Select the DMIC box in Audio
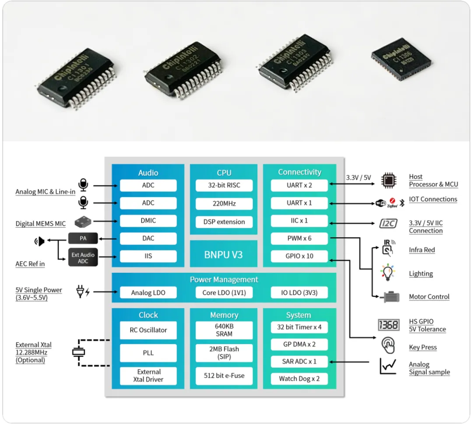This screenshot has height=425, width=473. (x=148, y=221)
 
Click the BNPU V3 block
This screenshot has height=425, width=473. (x=223, y=254)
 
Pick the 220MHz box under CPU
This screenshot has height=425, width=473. (x=224, y=204)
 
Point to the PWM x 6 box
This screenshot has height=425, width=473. (x=299, y=239)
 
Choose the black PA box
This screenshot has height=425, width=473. (x=83, y=239)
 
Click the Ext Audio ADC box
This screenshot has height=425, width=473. (x=83, y=258)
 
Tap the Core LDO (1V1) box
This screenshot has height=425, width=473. (x=223, y=293)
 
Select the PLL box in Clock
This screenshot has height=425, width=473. (x=148, y=353)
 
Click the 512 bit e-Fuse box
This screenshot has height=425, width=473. (x=224, y=375)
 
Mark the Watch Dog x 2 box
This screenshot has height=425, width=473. (x=299, y=379)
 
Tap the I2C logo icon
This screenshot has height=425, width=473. (x=388, y=224)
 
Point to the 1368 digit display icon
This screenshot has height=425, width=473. (x=388, y=325)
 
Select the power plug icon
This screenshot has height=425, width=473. (x=82, y=292)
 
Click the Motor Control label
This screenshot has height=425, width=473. (x=429, y=297)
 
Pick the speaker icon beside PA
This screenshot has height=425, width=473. (x=40, y=241)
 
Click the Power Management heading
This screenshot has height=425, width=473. (x=224, y=279)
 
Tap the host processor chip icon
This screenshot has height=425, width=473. (x=388, y=180)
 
